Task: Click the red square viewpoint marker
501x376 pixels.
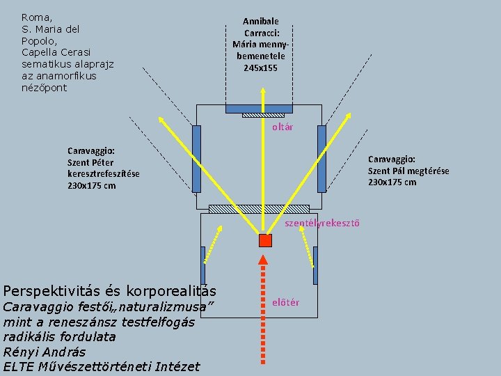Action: pyautogui.click(x=264, y=240)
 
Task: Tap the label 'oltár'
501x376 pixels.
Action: pyautogui.click(x=283, y=127)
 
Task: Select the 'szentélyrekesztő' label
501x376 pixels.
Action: pyautogui.click(x=322, y=223)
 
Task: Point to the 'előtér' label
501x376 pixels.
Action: pyautogui.click(x=286, y=301)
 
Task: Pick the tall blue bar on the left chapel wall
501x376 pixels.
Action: pyautogui.click(x=196, y=158)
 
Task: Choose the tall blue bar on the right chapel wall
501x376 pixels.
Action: pyautogui.click(x=321, y=158)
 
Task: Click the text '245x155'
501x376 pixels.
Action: pyautogui.click(x=260, y=68)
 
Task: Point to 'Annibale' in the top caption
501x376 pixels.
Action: pyautogui.click(x=260, y=22)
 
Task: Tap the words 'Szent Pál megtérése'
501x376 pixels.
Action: pyautogui.click(x=408, y=171)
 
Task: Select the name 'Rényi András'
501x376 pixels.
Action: pyautogui.click(x=45, y=352)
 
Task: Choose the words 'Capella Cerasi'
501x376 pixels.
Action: pyautogui.click(x=56, y=52)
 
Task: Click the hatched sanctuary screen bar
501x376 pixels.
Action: pyautogui.click(x=259, y=209)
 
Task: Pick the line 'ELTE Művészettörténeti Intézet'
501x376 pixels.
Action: pyautogui.click(x=101, y=367)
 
